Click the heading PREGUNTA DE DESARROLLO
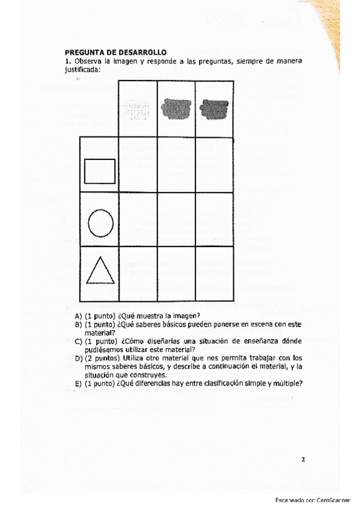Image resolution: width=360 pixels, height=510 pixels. (115, 53)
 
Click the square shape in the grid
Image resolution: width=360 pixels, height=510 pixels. (99, 170)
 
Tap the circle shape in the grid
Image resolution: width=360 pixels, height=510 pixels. (100, 222)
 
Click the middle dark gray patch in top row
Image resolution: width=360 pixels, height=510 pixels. (177, 108)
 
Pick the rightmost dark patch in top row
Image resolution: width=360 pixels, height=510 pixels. (215, 108)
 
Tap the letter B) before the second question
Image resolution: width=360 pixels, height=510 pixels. (78, 325)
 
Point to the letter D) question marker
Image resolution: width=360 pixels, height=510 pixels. (78, 358)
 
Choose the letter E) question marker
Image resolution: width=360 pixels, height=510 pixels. (78, 383)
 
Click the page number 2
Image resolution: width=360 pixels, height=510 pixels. (303, 460)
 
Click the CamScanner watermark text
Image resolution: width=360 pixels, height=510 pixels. (316, 500)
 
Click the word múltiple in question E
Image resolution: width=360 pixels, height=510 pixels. (285, 383)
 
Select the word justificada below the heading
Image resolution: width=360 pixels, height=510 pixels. (82, 69)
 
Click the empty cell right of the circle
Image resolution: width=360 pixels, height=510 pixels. (138, 220)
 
